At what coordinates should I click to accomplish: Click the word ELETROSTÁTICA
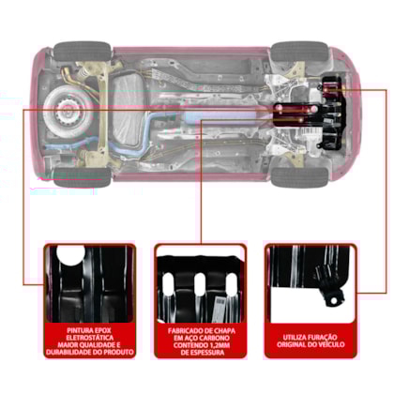[x=90, y=338]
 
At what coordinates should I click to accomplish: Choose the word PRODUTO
[x=119, y=352]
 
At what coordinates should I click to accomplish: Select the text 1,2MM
[x=220, y=345]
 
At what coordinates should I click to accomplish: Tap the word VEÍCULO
[x=332, y=344]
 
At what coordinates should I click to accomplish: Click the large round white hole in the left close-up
[x=70, y=254]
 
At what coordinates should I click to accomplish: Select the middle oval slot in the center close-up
[x=200, y=284]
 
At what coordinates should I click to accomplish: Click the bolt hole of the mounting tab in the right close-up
[x=334, y=300]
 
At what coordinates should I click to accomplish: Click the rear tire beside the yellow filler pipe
[x=83, y=52]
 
